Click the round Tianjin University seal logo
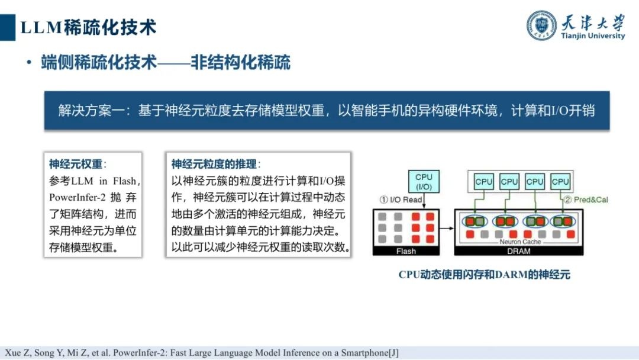tap(542, 25)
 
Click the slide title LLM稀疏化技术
tap(88, 27)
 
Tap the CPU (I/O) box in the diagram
tap(424, 181)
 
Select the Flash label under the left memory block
tap(405, 251)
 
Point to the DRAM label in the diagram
tap(518, 251)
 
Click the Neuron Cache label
tap(519, 242)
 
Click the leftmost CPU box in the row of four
tap(483, 182)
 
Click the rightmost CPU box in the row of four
tap(560, 182)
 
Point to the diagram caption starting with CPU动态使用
tap(484, 275)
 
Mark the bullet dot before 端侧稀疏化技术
tap(28, 63)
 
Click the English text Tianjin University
tap(592, 36)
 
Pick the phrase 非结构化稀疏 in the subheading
tap(240, 63)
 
